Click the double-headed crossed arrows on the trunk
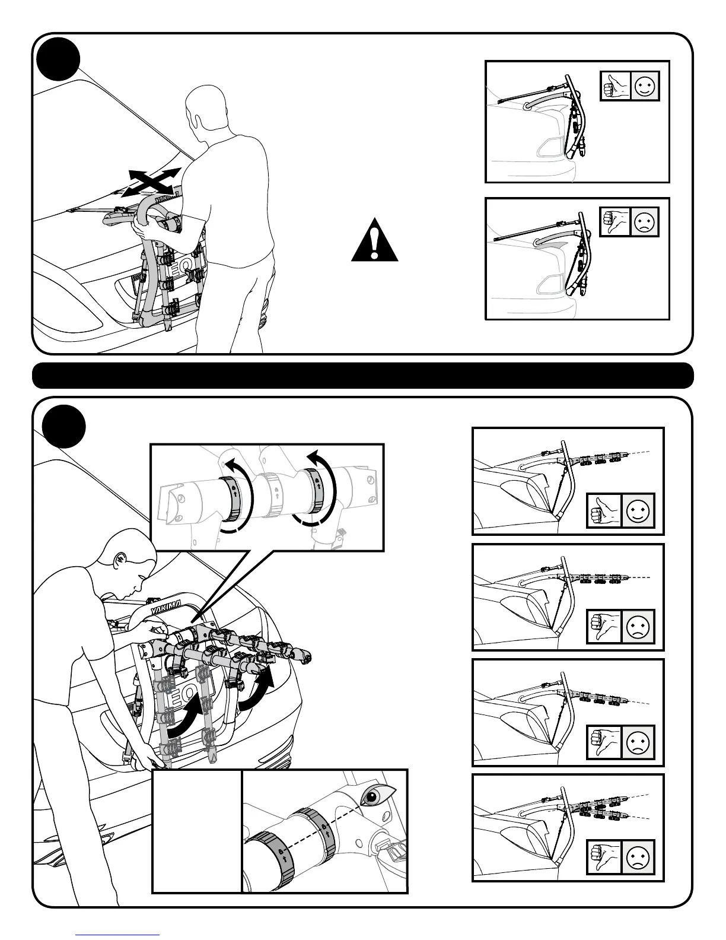point(151,181)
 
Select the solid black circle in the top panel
point(58,58)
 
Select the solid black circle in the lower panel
point(64,427)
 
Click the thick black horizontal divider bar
point(362,376)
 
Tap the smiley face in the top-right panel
point(644,87)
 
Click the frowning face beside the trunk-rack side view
point(644,222)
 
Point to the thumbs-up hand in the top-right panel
point(615,87)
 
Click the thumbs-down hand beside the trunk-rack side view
point(615,222)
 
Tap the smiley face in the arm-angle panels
point(638,510)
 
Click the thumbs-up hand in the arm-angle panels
point(604,510)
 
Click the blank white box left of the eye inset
point(197,831)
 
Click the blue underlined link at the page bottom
point(118,934)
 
